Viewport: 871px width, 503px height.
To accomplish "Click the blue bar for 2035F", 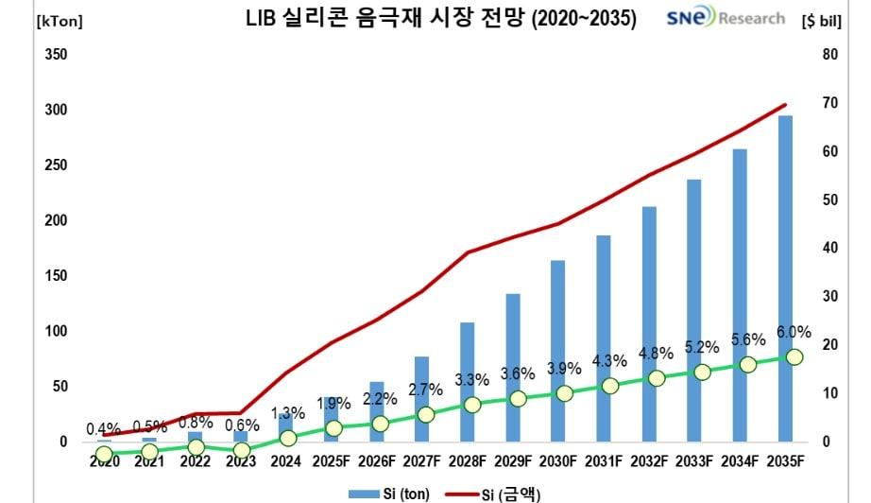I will (785, 284).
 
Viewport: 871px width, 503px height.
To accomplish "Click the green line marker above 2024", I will (288, 438).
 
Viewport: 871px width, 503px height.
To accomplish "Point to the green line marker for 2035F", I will (794, 356).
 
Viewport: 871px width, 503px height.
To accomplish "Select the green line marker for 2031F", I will (610, 386).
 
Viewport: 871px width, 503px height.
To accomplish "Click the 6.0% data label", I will (794, 331).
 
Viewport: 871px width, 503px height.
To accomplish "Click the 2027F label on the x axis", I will (421, 461).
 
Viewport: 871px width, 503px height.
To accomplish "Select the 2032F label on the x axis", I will (649, 461).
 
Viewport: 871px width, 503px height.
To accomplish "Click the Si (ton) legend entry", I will (378, 493).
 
